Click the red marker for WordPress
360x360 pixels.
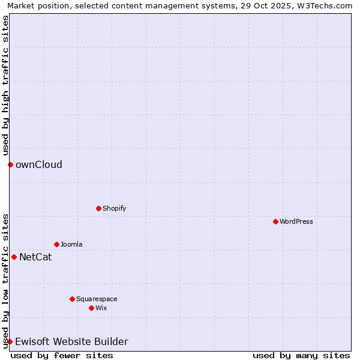click(275, 221)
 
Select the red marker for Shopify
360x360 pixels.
click(98, 208)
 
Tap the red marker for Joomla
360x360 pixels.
click(56, 244)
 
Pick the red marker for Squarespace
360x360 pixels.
click(72, 299)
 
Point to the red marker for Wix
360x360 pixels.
click(91, 308)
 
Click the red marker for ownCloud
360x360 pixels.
click(10, 164)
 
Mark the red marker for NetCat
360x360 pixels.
click(14, 257)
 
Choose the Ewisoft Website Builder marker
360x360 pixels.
click(10, 341)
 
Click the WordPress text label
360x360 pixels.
click(296, 221)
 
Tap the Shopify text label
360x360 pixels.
click(114, 208)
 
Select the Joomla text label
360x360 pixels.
click(71, 244)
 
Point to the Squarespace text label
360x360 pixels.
click(97, 299)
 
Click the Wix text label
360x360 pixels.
click(101, 308)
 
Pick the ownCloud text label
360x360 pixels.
click(39, 164)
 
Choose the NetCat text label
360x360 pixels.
click(35, 257)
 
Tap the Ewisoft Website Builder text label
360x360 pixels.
click(71, 341)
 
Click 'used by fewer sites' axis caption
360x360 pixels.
click(62, 355)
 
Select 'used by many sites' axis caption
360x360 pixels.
click(301, 355)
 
